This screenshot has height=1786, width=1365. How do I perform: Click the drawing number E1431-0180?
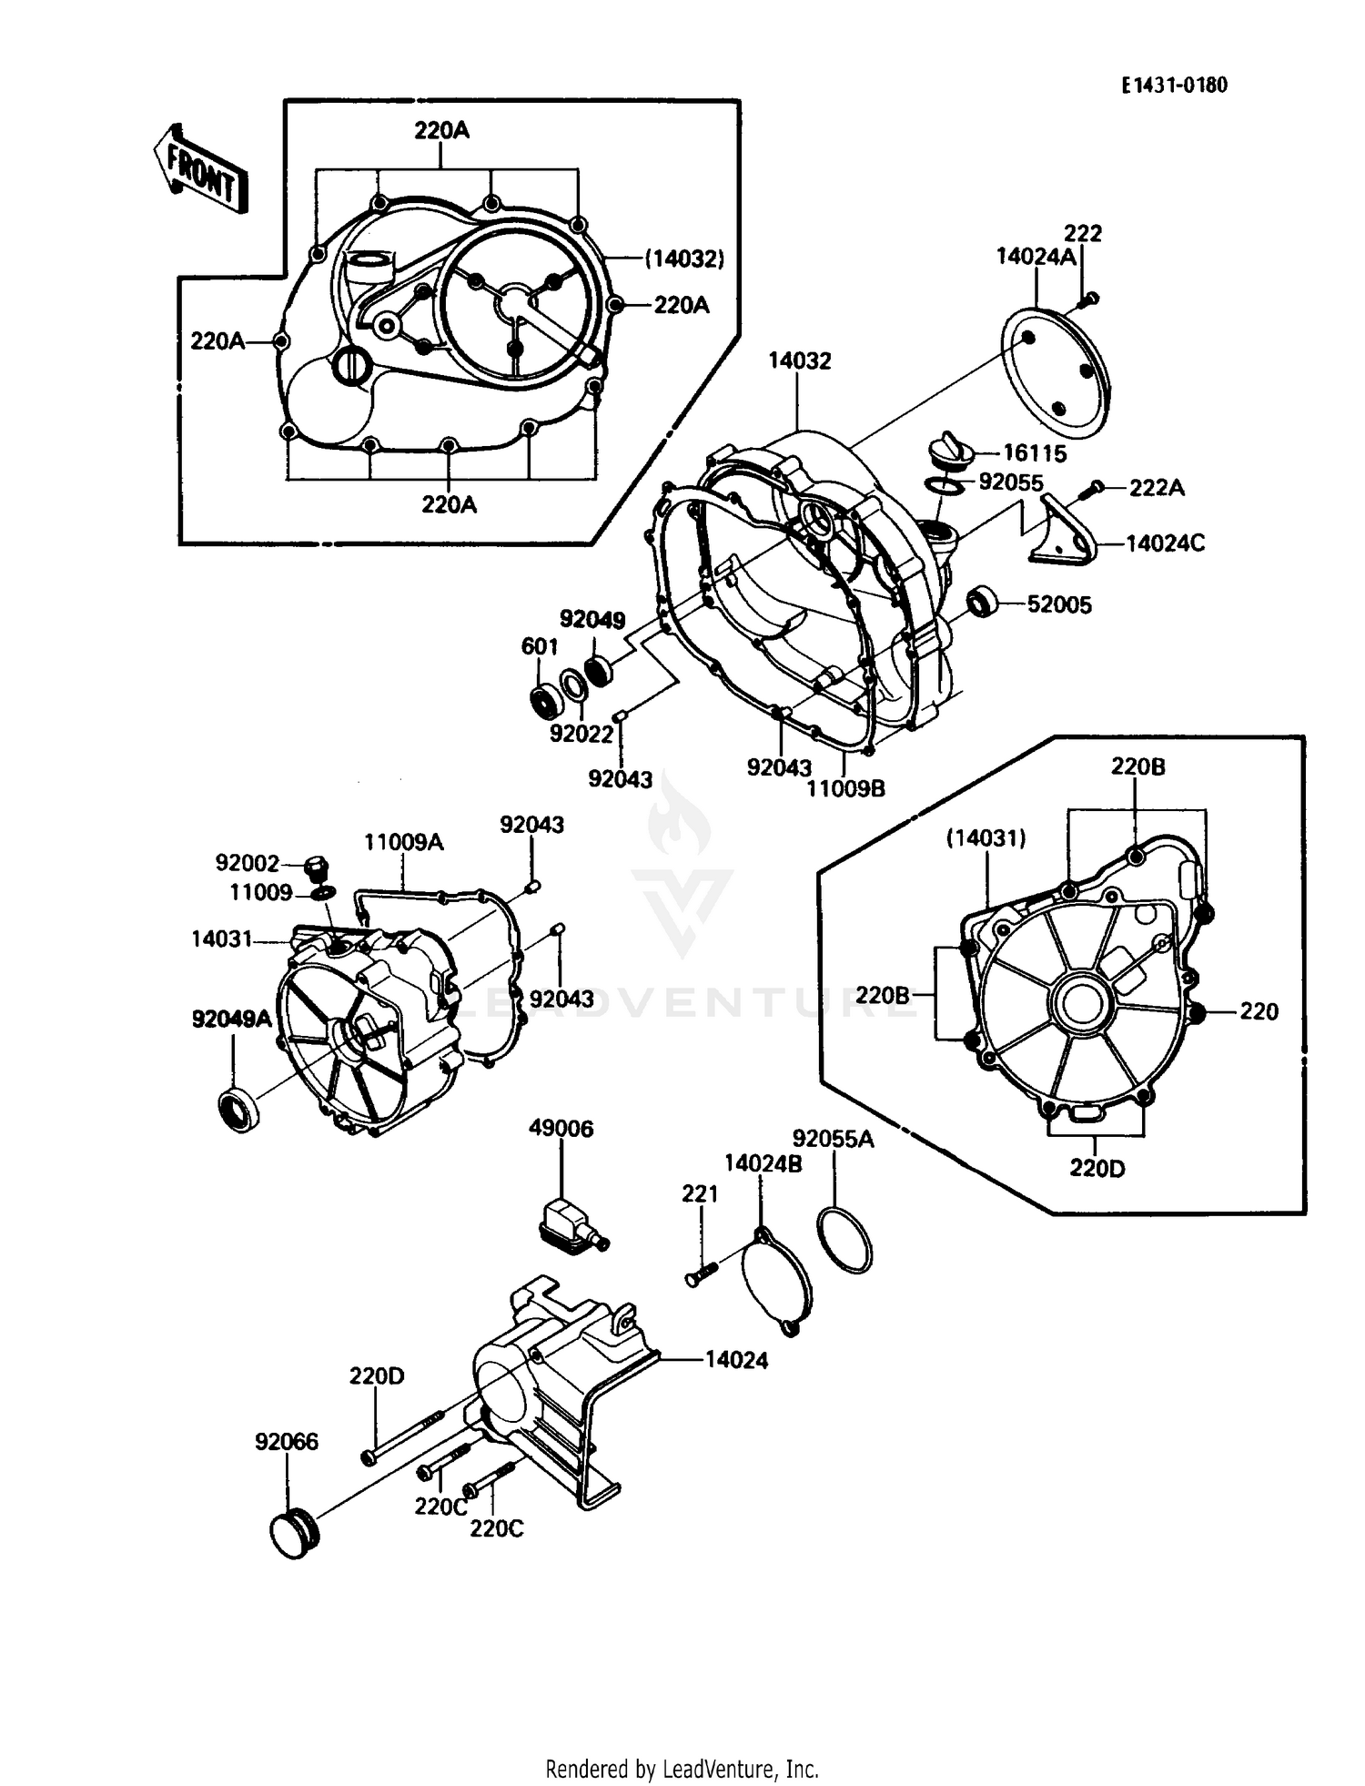click(x=1174, y=86)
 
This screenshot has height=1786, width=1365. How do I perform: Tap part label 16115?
click(x=1034, y=452)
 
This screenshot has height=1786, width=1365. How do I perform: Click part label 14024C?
click(x=1165, y=543)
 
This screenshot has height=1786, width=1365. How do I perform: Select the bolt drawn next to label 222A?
click(x=1090, y=490)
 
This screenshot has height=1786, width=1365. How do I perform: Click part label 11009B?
click(x=845, y=788)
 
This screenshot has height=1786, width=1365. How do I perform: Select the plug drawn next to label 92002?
click(x=317, y=867)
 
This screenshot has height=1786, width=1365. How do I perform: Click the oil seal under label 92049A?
click(x=238, y=1108)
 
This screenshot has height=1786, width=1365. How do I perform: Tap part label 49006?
click(x=561, y=1129)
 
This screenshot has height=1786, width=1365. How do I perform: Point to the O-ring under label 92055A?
click(x=845, y=1239)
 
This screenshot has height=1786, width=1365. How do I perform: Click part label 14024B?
click(x=763, y=1163)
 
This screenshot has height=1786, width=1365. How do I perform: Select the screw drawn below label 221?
click(x=701, y=1273)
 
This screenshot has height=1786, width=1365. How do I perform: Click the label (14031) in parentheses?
click(x=986, y=838)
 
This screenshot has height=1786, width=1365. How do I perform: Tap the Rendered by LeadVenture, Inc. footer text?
click(x=682, y=1769)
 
